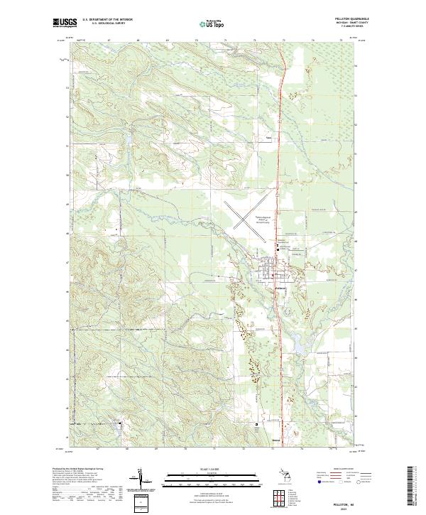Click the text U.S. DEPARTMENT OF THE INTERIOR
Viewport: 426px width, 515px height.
[x=107, y=21]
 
